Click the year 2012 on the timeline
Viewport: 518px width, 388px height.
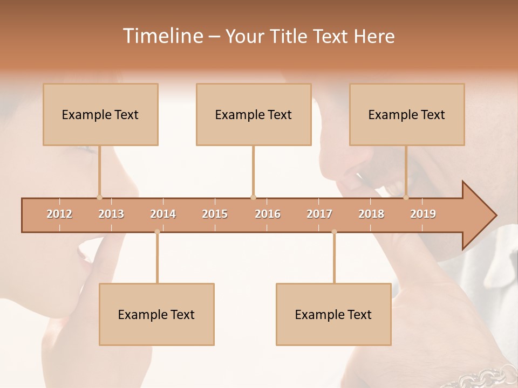59,214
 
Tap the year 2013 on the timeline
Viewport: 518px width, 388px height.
111,214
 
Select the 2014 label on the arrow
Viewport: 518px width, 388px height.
163,214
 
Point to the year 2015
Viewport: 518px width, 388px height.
215,214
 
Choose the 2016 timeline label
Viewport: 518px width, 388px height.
268,214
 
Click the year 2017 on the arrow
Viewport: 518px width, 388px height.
319,214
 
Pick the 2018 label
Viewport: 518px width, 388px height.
371,214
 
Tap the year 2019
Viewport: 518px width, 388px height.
423,214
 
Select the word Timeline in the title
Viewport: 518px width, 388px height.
161,36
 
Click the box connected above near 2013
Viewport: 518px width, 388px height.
100,114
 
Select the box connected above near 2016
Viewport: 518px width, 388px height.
254,114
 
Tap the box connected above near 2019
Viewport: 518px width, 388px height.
407,114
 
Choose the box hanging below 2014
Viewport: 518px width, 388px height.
156,314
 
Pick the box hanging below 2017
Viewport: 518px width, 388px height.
333,314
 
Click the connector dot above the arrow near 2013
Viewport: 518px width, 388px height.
99,197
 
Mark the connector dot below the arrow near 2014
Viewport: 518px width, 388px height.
157,232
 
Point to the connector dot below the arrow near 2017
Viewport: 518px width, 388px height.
334,232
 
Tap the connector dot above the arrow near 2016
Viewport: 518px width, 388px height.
253,197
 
